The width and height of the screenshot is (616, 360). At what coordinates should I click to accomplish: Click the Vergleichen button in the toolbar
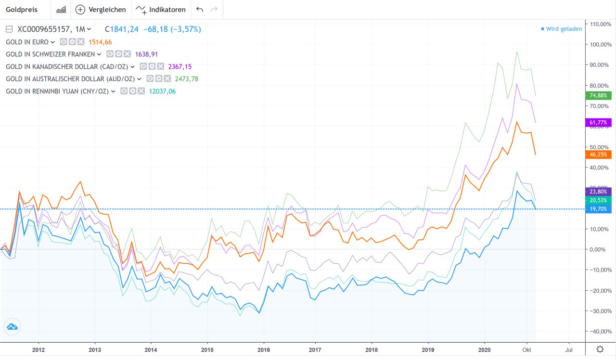tap(101, 10)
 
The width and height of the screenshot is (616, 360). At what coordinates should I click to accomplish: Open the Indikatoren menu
tap(161, 10)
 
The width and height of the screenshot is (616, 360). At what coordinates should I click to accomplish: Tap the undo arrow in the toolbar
tap(200, 10)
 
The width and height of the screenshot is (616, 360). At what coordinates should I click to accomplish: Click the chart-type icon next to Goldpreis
tap(61, 10)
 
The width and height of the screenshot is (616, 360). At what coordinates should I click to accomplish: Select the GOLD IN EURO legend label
tap(27, 42)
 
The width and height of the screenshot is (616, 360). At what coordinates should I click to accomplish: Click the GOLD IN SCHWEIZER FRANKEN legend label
tap(51, 54)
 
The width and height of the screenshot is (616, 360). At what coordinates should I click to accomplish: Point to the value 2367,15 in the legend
tap(180, 66)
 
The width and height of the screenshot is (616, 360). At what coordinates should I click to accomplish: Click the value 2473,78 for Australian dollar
tap(187, 79)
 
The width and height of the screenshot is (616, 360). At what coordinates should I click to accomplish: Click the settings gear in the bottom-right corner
tap(600, 349)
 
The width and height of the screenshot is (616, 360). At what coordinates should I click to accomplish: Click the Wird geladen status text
tap(564, 29)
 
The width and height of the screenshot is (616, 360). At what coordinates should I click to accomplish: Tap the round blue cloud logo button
tap(12, 327)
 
